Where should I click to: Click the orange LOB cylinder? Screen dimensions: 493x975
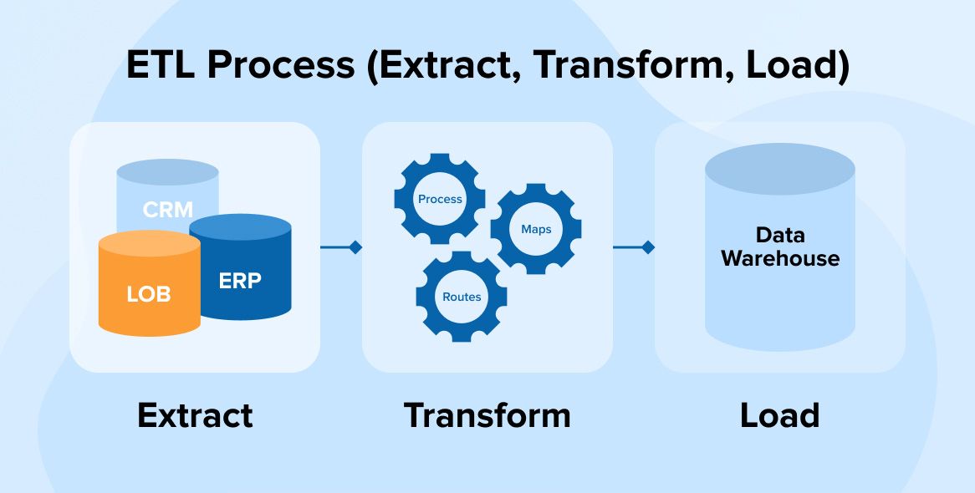(x=149, y=292)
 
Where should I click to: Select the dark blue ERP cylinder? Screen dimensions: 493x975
(x=241, y=281)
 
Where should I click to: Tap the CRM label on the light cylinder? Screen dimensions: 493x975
(x=167, y=209)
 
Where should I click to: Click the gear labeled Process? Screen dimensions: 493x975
(x=440, y=199)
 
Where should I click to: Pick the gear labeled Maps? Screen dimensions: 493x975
(x=536, y=229)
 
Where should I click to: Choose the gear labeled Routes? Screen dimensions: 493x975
(x=462, y=297)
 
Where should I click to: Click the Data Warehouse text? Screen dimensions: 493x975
(x=779, y=246)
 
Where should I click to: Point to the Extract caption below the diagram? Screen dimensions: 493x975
(x=195, y=415)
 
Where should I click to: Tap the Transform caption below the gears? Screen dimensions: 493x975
(x=487, y=415)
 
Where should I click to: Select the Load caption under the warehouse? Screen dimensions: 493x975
(x=779, y=415)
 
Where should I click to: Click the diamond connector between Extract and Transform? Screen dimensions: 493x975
(x=355, y=247)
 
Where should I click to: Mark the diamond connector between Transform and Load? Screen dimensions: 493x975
(x=647, y=247)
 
